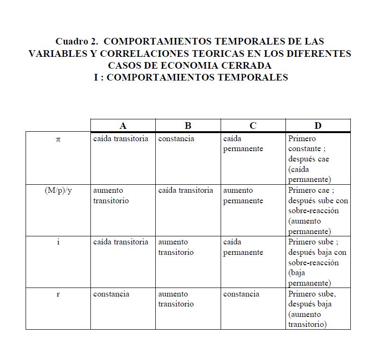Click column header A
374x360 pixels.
123,126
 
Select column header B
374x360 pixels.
188,126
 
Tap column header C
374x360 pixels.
253,126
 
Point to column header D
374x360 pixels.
318,126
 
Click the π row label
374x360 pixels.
58,139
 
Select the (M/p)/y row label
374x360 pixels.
58,190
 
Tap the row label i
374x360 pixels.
58,242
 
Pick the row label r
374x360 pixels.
58,294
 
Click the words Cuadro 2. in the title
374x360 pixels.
76,41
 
